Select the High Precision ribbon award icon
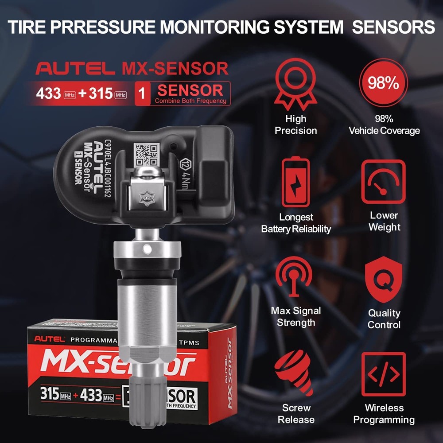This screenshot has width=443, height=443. point(295,84)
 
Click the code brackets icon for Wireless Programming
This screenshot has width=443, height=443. point(384,374)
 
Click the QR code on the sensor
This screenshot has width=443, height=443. point(147,155)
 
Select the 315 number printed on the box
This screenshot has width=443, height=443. point(50,393)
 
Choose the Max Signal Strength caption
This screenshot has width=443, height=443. point(295,316)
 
